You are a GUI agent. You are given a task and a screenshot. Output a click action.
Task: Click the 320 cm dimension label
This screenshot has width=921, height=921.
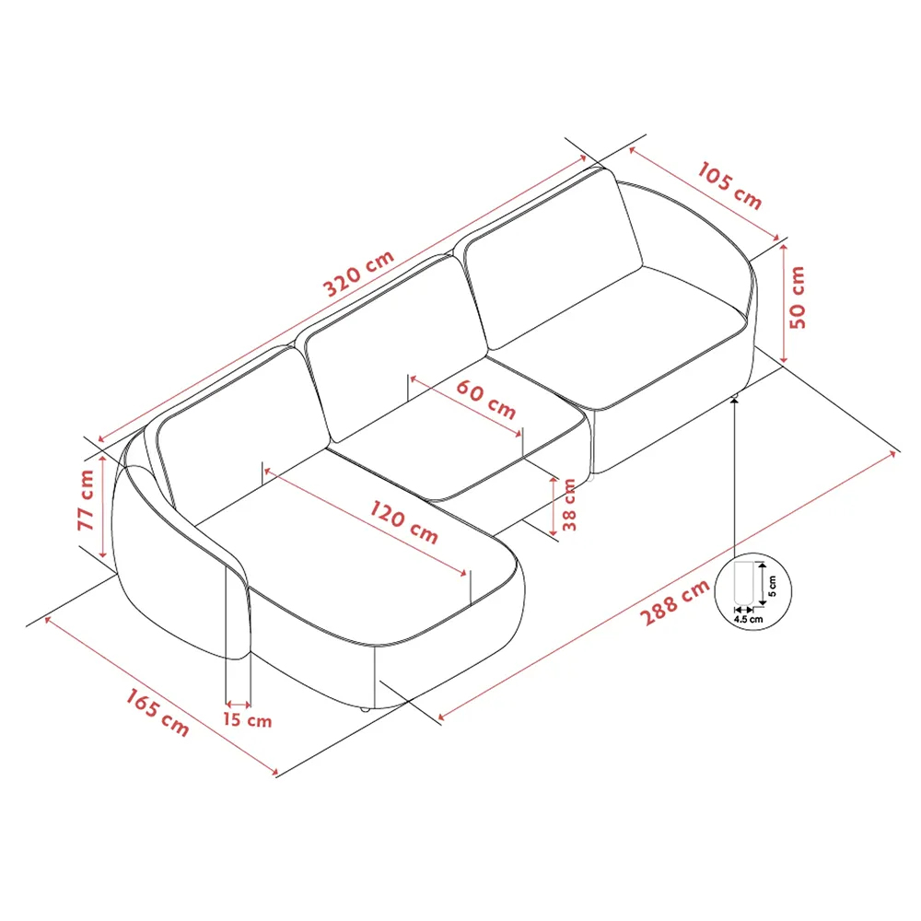tap(358, 273)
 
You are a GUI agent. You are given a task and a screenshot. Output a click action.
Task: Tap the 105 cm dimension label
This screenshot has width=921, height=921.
tap(729, 185)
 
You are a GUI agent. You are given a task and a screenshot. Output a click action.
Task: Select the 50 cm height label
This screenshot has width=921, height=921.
tap(798, 297)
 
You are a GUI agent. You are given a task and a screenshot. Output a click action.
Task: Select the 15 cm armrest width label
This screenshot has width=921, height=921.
tap(247, 720)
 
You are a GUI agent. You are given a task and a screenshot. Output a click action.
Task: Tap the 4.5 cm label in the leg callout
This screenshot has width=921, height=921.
tap(748, 620)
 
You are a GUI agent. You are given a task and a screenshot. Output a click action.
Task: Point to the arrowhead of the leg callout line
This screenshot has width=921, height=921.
tap(735, 402)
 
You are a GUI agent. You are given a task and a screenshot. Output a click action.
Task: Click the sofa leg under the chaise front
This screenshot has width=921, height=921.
tap(365, 709)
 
